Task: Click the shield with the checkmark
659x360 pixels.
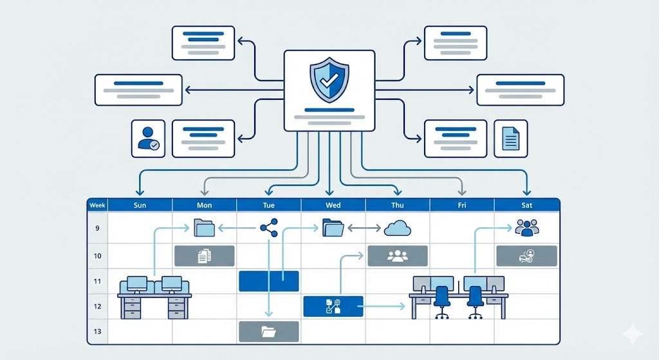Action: tap(329, 79)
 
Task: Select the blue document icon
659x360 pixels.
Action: tap(510, 138)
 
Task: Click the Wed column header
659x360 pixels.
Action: tap(333, 205)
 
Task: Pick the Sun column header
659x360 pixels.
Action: tap(140, 205)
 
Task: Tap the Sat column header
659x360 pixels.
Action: tap(526, 205)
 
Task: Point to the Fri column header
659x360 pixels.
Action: tap(462, 205)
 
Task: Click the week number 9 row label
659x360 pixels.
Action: tap(97, 227)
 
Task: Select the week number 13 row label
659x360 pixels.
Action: tap(97, 331)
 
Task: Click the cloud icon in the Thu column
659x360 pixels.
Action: tap(397, 228)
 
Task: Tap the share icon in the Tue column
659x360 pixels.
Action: tap(268, 227)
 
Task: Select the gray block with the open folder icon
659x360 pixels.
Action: tap(268, 331)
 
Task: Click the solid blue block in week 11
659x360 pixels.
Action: tap(268, 281)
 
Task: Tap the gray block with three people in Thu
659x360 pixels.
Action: tap(397, 256)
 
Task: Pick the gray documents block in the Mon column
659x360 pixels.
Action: tap(204, 256)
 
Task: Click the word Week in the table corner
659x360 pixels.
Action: tap(97, 205)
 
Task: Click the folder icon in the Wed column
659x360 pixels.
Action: tap(333, 227)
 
